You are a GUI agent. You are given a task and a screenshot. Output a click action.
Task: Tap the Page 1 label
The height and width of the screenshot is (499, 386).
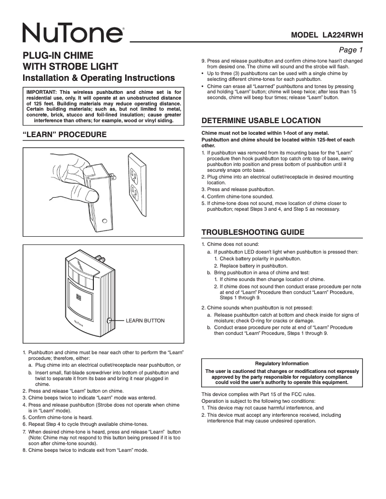click(x=351, y=50)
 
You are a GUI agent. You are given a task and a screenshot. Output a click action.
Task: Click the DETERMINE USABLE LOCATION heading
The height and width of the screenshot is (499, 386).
click(x=260, y=120)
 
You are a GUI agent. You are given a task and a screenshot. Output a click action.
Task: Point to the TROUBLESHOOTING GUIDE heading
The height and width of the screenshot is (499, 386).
click(x=253, y=232)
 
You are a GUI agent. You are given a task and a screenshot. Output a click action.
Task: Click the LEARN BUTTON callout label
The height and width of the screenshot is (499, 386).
click(x=145, y=320)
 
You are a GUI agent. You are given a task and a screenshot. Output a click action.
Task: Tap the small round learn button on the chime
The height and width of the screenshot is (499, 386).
click(x=110, y=320)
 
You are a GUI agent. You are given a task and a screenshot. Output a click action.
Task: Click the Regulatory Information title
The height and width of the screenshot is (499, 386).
click(x=282, y=364)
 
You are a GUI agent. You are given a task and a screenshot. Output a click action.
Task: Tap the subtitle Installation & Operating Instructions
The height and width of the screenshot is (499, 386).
click(x=99, y=77)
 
